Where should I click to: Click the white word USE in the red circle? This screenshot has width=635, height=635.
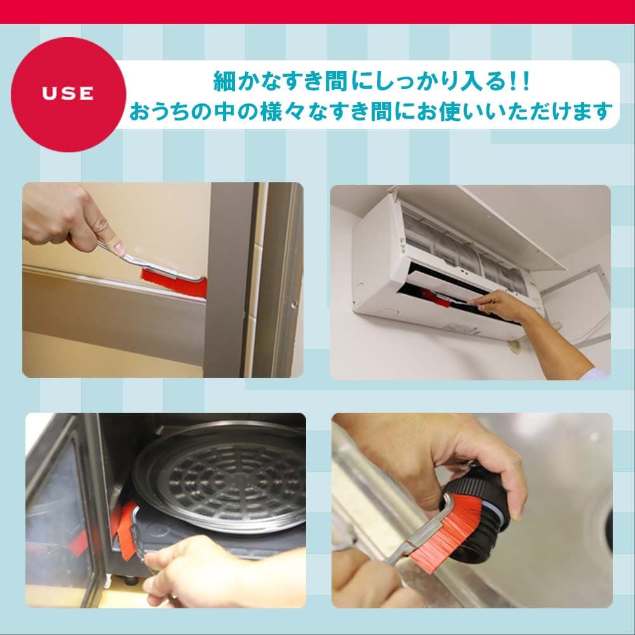tap(68, 94)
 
